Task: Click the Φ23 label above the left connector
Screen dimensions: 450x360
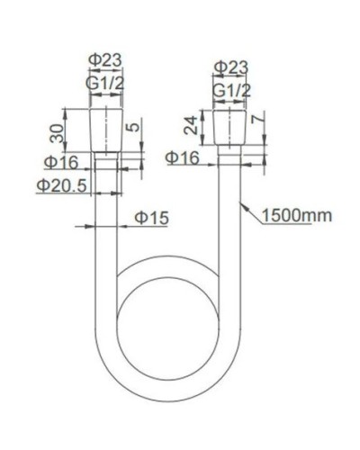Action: tap(106, 60)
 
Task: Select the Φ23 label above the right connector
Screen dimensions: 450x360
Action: tap(232, 67)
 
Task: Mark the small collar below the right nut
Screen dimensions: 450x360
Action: tap(231, 153)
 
